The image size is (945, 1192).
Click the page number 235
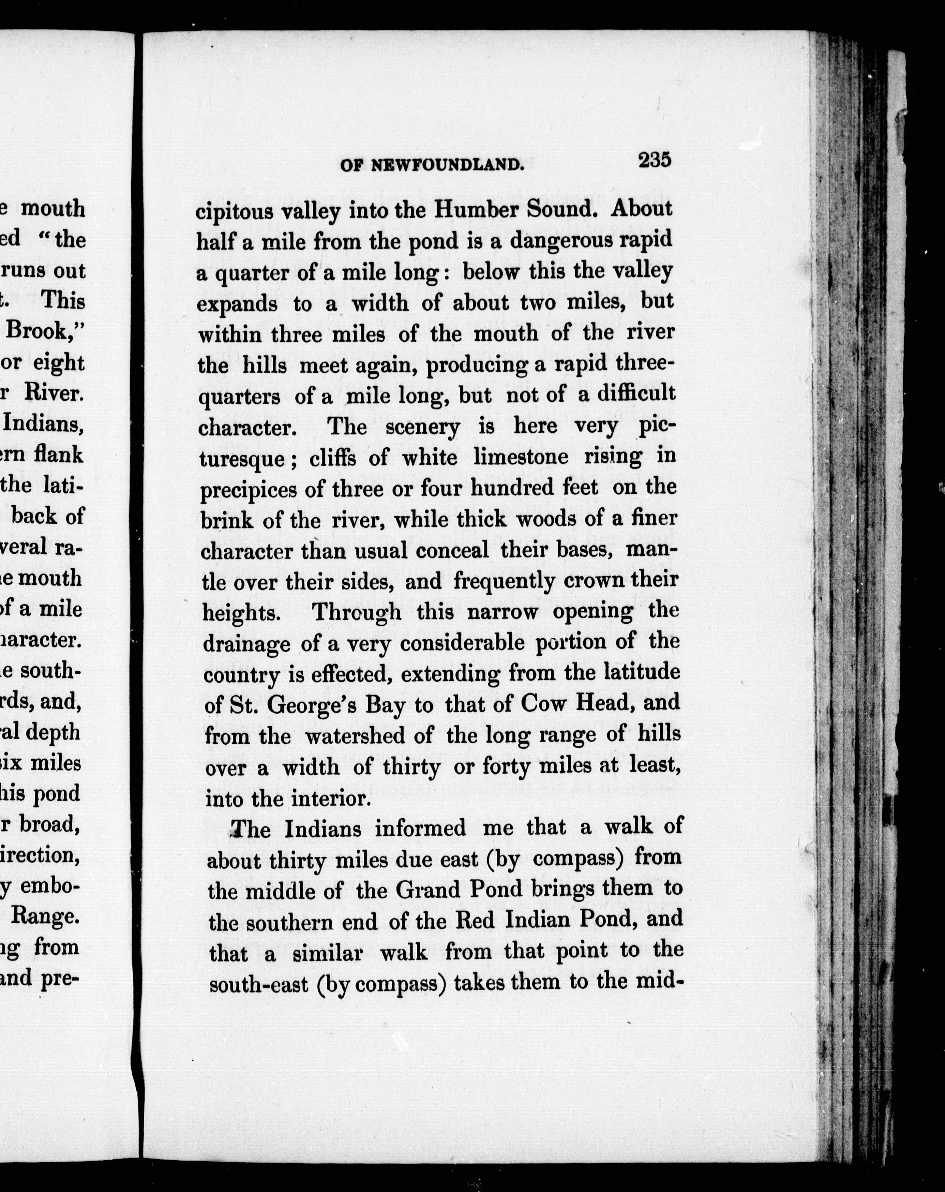click(654, 160)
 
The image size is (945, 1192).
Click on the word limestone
click(521, 457)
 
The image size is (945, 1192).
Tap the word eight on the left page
click(59, 363)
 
